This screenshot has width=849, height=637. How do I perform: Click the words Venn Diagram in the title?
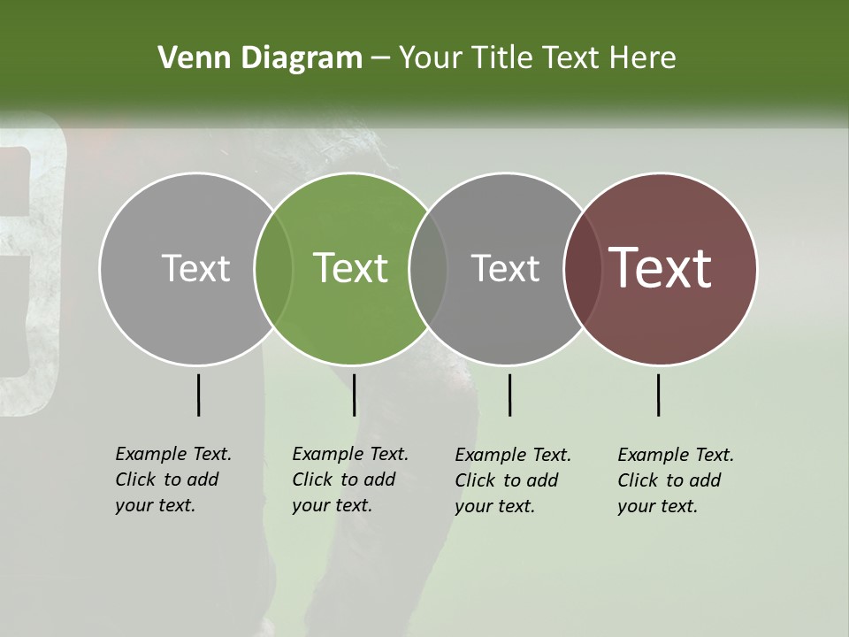click(x=260, y=58)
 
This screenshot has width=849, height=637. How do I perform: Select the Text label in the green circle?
click(x=351, y=268)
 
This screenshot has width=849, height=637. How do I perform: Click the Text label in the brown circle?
click(x=661, y=268)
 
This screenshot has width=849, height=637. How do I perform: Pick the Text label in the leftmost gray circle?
click(x=195, y=268)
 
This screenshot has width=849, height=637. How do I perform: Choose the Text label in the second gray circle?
click(x=505, y=268)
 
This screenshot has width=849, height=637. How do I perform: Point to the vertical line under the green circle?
click(x=354, y=395)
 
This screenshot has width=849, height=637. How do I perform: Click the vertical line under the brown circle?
click(x=659, y=395)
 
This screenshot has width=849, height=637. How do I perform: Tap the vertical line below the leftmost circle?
click(x=198, y=395)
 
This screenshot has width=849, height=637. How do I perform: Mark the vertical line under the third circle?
click(x=509, y=395)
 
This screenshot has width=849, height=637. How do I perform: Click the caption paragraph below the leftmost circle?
click(x=172, y=480)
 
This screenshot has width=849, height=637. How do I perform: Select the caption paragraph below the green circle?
click(x=349, y=480)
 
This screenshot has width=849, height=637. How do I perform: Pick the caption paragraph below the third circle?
click(x=512, y=480)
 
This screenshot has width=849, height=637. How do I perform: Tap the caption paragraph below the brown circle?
click(x=675, y=480)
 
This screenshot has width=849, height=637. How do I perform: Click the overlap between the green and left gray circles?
click(x=273, y=268)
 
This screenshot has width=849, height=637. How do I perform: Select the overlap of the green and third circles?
click(x=428, y=268)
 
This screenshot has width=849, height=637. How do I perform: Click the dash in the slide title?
click(x=380, y=59)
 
